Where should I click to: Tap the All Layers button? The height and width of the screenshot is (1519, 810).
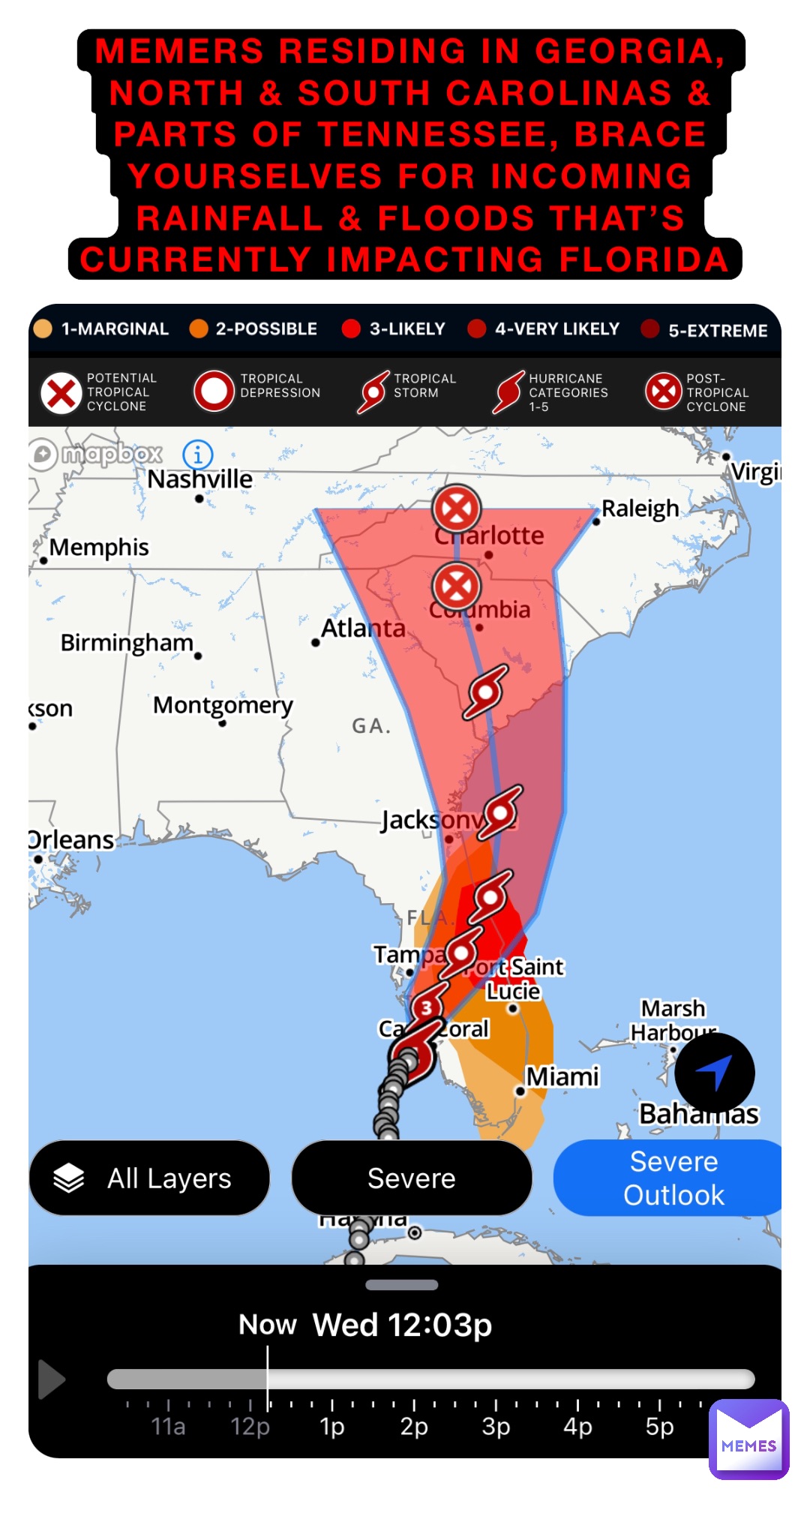[149, 1178]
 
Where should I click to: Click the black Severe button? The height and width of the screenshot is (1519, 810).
[411, 1178]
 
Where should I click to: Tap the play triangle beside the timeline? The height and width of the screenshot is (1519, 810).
[51, 1379]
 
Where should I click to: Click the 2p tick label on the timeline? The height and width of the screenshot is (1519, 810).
[414, 1426]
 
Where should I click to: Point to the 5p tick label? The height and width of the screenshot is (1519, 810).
[659, 1426]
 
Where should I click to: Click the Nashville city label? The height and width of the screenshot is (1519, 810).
[199, 479]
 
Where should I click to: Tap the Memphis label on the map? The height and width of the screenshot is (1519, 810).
[99, 548]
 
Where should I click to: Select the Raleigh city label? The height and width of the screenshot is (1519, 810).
[640, 509]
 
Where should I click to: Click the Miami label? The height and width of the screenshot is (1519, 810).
[562, 1076]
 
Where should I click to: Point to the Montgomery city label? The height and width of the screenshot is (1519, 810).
[223, 705]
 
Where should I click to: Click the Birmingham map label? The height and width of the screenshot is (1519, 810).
[127, 643]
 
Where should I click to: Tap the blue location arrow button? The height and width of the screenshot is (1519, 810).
[714, 1072]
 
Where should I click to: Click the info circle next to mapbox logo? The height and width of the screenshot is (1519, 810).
[198, 454]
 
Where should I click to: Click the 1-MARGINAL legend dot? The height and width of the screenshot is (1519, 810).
[43, 329]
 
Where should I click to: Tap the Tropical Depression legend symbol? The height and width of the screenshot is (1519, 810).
[214, 391]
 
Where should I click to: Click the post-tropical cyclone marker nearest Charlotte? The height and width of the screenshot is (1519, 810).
[456, 509]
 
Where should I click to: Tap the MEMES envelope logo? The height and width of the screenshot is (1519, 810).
[748, 1438]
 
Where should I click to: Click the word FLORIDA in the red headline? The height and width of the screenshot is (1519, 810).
[644, 260]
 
